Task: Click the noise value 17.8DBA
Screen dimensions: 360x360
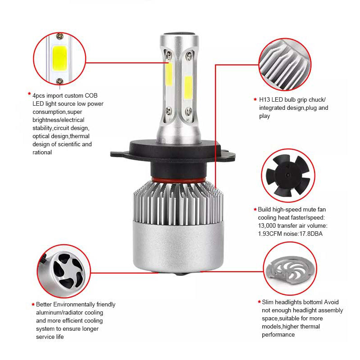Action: click(311, 234)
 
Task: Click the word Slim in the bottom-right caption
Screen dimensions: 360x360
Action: click(267, 302)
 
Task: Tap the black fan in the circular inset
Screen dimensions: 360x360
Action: click(288, 175)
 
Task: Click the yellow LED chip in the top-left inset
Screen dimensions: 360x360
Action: click(60, 58)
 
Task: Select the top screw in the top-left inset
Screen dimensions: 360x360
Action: click(60, 36)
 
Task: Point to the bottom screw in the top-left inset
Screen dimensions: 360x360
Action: click(60, 81)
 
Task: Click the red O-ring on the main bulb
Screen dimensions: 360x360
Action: click(179, 179)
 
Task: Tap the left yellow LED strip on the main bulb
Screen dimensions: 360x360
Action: click(169, 74)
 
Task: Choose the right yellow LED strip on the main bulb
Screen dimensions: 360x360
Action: click(188, 87)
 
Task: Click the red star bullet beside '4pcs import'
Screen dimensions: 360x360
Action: click(29, 94)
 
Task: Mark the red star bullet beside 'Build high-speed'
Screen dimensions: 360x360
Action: click(255, 209)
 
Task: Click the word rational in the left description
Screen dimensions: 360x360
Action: click(42, 152)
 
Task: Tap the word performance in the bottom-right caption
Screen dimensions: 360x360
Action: click(278, 334)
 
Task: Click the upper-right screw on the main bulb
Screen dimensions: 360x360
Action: click(189, 55)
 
